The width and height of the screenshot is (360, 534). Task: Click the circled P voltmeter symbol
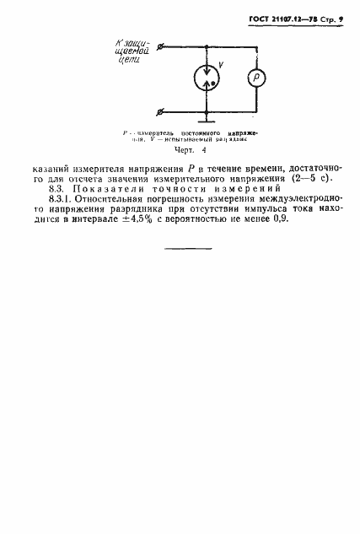258,78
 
